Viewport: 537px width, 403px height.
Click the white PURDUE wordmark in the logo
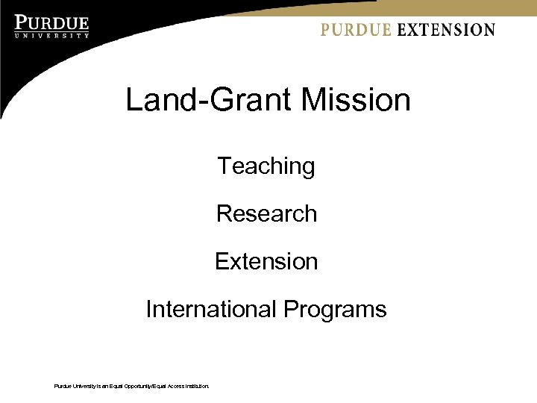[51, 23]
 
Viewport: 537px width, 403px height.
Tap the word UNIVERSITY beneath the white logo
[51, 35]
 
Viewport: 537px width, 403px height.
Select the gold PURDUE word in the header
[356, 30]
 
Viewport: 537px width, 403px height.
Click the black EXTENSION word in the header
[445, 30]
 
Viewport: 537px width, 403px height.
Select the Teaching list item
[266, 166]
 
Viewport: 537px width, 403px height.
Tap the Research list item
[266, 213]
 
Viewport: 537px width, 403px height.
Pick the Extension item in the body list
[266, 261]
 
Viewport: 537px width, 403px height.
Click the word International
[211, 309]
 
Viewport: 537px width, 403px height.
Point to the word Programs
[335, 309]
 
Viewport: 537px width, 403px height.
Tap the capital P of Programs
[291, 309]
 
